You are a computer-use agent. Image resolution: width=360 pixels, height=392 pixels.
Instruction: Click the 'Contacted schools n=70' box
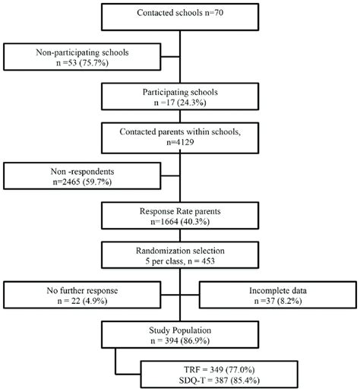pos(179,14)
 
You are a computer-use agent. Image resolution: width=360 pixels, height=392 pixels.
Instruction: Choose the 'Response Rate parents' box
pos(179,217)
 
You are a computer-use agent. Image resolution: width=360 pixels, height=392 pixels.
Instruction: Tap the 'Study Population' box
pos(179,337)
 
